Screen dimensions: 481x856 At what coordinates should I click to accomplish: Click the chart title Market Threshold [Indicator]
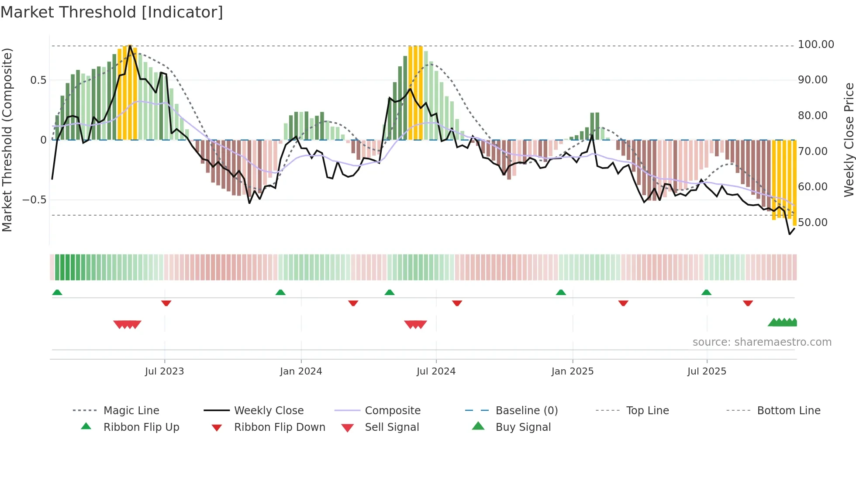click(112, 12)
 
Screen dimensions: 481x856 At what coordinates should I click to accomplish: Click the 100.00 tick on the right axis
click(815, 45)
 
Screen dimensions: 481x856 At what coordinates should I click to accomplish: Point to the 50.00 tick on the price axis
click(812, 223)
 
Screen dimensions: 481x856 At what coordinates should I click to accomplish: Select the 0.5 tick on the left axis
click(38, 80)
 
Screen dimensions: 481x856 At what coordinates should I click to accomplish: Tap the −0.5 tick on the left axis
click(34, 200)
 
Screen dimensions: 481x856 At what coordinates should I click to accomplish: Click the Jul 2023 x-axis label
click(164, 371)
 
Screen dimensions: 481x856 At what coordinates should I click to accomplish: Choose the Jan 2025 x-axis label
click(572, 371)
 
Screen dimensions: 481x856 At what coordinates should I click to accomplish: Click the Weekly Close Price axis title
click(849, 140)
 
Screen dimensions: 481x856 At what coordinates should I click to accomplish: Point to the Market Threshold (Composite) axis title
click(7, 140)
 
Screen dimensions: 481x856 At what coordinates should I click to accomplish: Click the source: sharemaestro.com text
click(762, 342)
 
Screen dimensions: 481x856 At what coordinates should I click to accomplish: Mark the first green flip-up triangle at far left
click(57, 292)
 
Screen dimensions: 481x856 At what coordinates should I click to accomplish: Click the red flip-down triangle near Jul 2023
click(166, 303)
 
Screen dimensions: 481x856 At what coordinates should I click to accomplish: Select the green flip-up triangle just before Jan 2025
click(561, 292)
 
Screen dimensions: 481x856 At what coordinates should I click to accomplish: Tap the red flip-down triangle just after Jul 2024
click(457, 303)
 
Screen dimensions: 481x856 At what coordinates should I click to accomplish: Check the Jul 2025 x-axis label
click(706, 371)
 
